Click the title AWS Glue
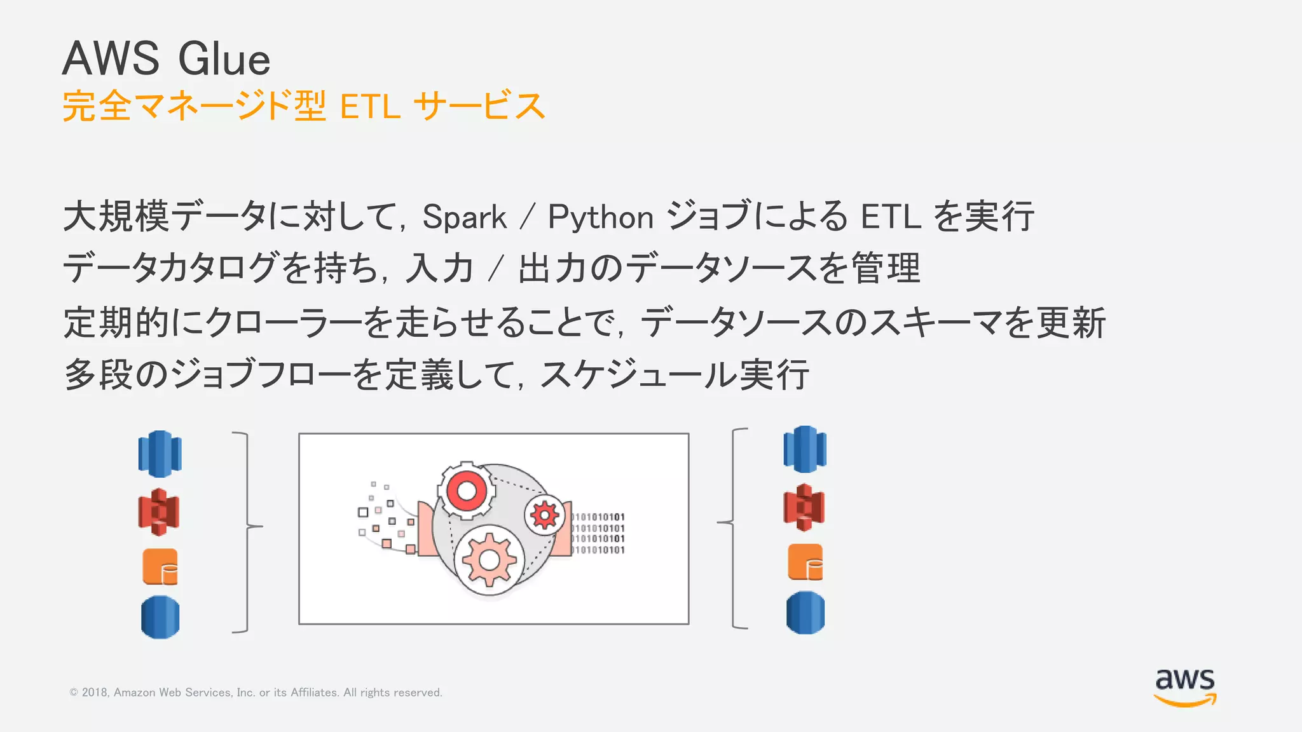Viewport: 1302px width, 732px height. tap(167, 58)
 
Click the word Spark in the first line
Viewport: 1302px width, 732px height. tap(464, 217)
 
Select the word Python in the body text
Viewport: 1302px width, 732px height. tap(601, 217)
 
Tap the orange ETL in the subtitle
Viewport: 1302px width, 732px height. tap(370, 106)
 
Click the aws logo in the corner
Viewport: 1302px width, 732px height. tap(1185, 686)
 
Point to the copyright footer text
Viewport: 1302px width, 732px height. tap(256, 693)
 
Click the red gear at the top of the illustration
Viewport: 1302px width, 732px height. tap(467, 490)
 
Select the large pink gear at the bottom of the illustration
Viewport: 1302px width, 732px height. tap(489, 560)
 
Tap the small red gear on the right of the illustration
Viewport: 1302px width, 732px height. tap(545, 515)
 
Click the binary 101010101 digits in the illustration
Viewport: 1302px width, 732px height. tap(598, 533)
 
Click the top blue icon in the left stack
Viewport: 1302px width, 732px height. tap(160, 454)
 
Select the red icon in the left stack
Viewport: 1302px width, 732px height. tap(159, 512)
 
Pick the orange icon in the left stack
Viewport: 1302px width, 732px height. tap(160, 567)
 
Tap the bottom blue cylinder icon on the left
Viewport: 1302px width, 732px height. tap(160, 617)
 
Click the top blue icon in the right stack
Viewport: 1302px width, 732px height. tap(805, 449)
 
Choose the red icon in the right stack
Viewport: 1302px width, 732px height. tap(804, 507)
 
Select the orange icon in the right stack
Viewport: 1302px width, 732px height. tap(805, 562)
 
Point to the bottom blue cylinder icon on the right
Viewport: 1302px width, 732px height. tap(805, 613)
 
